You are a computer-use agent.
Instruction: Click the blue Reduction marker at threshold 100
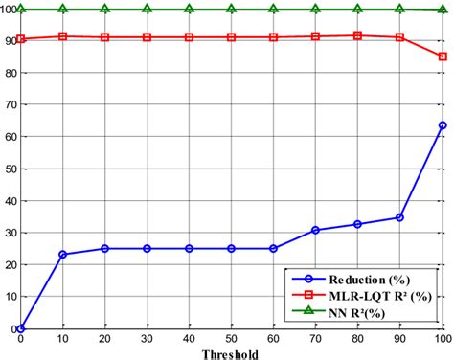pyautogui.click(x=442, y=125)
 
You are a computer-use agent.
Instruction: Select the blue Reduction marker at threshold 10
pyautogui.click(x=62, y=255)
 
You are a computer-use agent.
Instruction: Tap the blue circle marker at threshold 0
pyautogui.click(x=20, y=328)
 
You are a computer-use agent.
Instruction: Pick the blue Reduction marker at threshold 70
pyautogui.click(x=315, y=230)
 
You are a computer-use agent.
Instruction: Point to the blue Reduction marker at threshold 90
pyautogui.click(x=399, y=217)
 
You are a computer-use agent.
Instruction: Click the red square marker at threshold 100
pyautogui.click(x=442, y=56)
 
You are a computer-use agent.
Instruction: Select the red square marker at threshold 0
pyautogui.click(x=20, y=39)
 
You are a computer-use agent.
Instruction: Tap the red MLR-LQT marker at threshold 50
pyautogui.click(x=231, y=37)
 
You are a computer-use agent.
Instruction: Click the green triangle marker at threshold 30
pyautogui.click(x=147, y=9)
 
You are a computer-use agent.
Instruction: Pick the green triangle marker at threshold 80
pyautogui.click(x=357, y=9)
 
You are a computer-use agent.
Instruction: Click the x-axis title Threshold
pyautogui.click(x=230, y=353)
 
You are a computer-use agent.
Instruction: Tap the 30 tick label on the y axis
pyautogui.click(x=9, y=233)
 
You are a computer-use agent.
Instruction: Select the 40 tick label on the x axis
pyautogui.click(x=189, y=338)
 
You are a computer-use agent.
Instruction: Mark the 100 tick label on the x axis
pyautogui.click(x=440, y=338)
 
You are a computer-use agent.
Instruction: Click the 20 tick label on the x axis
pyautogui.click(x=104, y=338)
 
